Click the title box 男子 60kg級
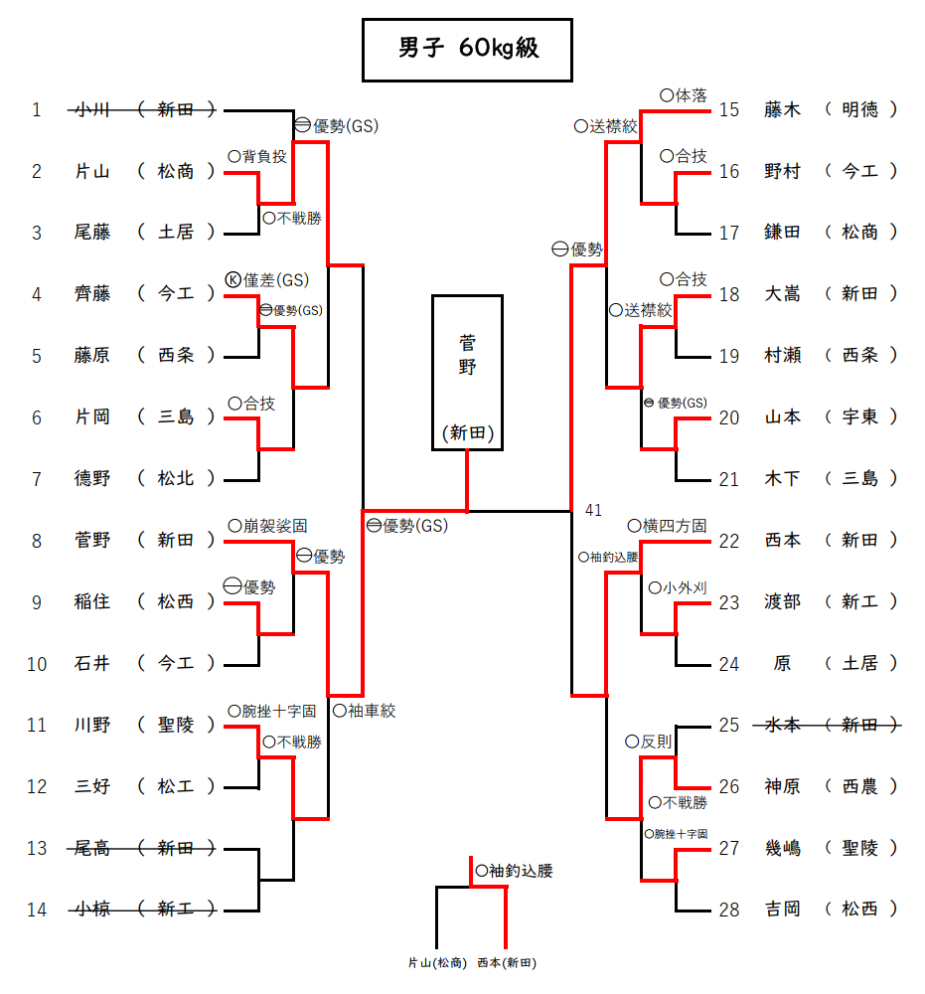[467, 49]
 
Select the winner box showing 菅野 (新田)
[468, 373]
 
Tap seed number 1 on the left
[37, 110]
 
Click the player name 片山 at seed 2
[92, 172]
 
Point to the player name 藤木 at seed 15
[783, 110]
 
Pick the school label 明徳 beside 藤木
[860, 110]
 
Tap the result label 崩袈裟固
[274, 526]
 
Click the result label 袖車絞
[371, 711]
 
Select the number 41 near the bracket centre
[593, 511]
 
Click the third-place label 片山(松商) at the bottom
[437, 963]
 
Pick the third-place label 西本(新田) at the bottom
[507, 963]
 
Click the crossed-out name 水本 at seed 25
[783, 726]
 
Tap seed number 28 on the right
[729, 911]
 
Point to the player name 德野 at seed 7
[92, 479]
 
